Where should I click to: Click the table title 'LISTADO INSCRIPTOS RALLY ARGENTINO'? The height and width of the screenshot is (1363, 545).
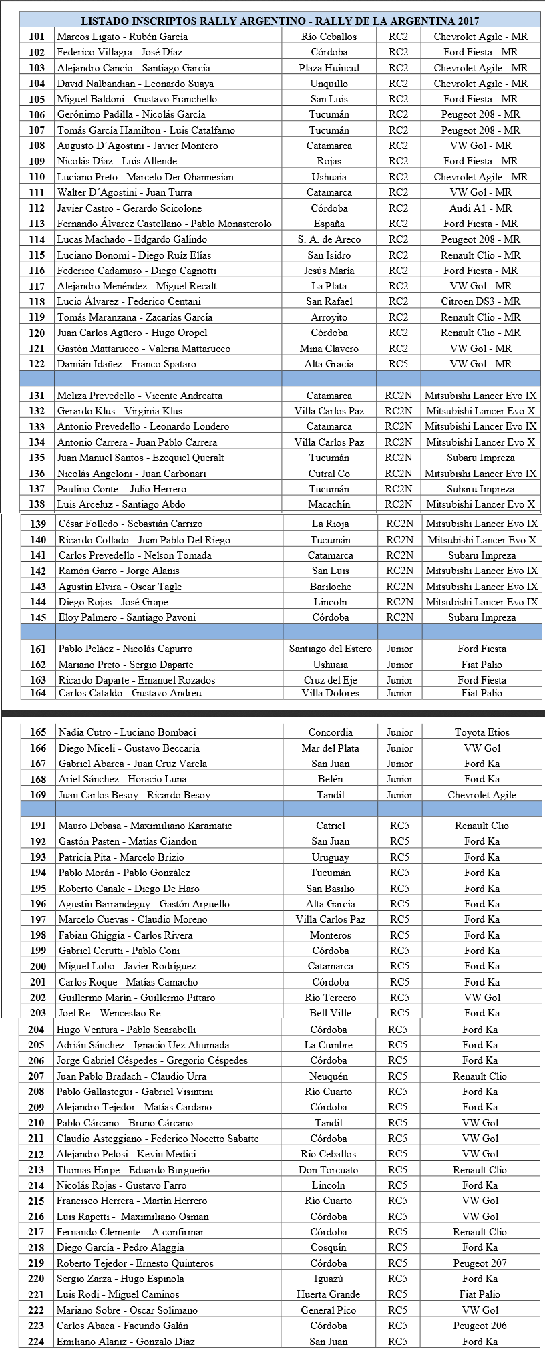(280, 21)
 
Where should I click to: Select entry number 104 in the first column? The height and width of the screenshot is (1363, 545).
(37, 84)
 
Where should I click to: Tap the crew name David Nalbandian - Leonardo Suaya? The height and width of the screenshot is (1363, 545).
(136, 84)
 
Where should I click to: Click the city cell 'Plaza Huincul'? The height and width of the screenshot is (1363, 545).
(329, 68)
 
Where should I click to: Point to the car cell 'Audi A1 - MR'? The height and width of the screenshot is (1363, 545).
(480, 208)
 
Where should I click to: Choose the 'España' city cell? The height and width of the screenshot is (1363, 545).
(329, 224)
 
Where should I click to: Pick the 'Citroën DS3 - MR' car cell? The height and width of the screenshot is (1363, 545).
(480, 301)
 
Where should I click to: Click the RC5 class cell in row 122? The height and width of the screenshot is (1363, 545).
(398, 364)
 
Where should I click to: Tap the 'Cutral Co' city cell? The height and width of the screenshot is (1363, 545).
(329, 474)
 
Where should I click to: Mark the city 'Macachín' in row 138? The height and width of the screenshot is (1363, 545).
(330, 504)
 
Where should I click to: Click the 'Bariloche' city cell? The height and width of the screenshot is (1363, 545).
(330, 587)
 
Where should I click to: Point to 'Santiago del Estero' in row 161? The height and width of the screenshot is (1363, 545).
(330, 649)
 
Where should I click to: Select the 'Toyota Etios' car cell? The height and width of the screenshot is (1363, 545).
(482, 732)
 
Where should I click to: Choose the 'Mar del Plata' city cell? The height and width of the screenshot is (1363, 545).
(330, 748)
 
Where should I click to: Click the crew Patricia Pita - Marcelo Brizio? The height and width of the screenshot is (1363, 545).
(121, 857)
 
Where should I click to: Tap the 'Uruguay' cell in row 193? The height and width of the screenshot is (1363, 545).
(330, 857)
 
